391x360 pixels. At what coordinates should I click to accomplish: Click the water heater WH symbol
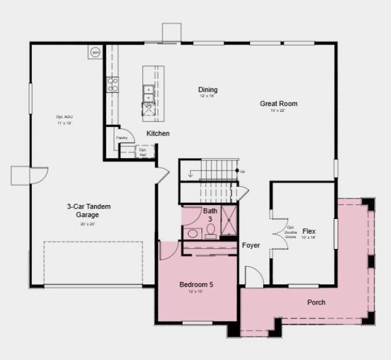pyautogui.click(x=95, y=53)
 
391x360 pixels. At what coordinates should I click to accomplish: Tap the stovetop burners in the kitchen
pyautogui.click(x=112, y=84)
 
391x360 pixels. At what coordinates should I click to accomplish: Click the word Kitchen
pyautogui.click(x=158, y=133)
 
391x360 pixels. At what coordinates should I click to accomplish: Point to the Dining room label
pyautogui.click(x=208, y=90)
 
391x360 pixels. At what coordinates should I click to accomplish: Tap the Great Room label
pyautogui.click(x=279, y=104)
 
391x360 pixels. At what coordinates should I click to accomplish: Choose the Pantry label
pyautogui.click(x=122, y=138)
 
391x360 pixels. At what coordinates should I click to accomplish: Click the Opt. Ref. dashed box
pyautogui.click(x=142, y=151)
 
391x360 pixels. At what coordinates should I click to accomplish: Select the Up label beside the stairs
pyautogui.click(x=243, y=171)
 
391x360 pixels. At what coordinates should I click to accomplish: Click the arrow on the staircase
pyautogui.click(x=191, y=175)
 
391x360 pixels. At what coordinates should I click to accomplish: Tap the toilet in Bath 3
pyautogui.click(x=210, y=229)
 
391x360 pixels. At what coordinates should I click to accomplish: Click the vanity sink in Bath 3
pyautogui.click(x=191, y=232)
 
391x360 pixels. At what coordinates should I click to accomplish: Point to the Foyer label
pyautogui.click(x=250, y=245)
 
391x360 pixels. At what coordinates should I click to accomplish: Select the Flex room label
pyautogui.click(x=309, y=232)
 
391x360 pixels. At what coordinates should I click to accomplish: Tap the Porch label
pyautogui.click(x=316, y=302)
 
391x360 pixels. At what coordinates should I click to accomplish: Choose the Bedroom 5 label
pyautogui.click(x=196, y=284)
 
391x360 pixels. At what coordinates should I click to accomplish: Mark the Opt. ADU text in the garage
pyautogui.click(x=60, y=117)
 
